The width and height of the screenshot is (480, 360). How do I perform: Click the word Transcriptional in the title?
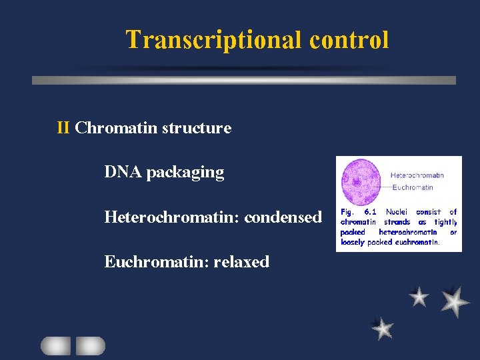pyautogui.click(x=215, y=40)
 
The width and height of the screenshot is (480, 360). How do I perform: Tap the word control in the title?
pyautogui.click(x=349, y=40)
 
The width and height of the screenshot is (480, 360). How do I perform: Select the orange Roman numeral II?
pyautogui.click(x=64, y=128)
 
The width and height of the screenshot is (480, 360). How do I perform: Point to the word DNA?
pyautogui.click(x=123, y=172)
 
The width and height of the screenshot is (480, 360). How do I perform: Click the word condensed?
pyautogui.click(x=283, y=217)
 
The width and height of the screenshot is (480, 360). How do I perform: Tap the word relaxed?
pyautogui.click(x=241, y=261)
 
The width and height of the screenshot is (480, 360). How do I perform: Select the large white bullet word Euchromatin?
pyautogui.click(x=157, y=261)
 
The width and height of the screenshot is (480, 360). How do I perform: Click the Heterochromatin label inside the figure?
pyautogui.click(x=417, y=175)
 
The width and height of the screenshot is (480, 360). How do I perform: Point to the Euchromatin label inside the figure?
pyautogui.click(x=413, y=187)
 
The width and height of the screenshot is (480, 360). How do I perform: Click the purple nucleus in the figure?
pyautogui.click(x=359, y=181)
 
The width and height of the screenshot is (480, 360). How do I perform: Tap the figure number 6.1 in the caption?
pyautogui.click(x=371, y=212)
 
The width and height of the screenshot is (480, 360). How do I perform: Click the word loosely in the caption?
pyautogui.click(x=353, y=243)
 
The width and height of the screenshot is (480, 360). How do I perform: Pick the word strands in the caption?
pyautogui.click(x=397, y=222)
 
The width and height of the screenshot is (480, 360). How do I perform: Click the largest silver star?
pyautogui.click(x=454, y=301)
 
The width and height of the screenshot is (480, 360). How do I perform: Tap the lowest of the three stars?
pyautogui.click(x=383, y=328)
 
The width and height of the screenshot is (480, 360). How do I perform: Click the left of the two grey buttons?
pyautogui.click(x=55, y=345)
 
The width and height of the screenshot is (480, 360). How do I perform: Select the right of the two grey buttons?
pyautogui.click(x=90, y=345)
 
